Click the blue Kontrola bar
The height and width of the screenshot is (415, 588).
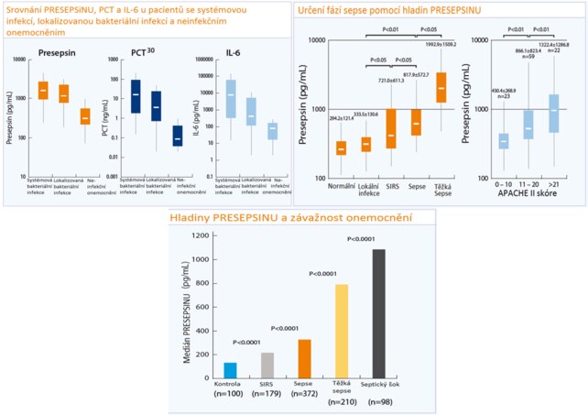231,369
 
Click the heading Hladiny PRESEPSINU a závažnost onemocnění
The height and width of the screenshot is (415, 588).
295,217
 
